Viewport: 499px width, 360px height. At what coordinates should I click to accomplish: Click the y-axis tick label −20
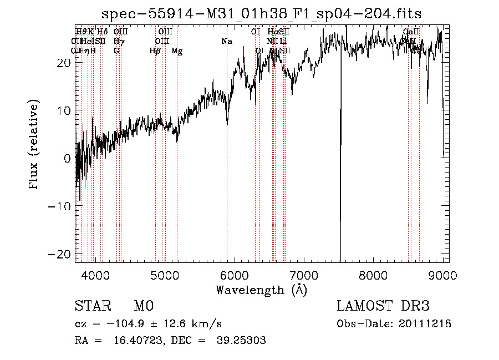(x=60, y=253)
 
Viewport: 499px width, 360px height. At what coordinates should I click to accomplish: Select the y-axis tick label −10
(x=60, y=206)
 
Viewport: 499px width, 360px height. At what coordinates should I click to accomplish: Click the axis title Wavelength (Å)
(x=261, y=290)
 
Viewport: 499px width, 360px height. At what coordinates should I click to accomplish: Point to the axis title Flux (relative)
(x=34, y=144)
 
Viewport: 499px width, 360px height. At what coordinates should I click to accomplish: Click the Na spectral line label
(x=226, y=41)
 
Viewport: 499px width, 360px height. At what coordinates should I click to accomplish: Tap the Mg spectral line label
(x=177, y=51)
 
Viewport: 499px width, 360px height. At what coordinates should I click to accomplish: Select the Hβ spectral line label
(x=155, y=51)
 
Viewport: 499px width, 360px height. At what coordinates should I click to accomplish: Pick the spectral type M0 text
(x=143, y=307)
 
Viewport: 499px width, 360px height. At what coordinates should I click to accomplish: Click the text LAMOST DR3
(x=383, y=307)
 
